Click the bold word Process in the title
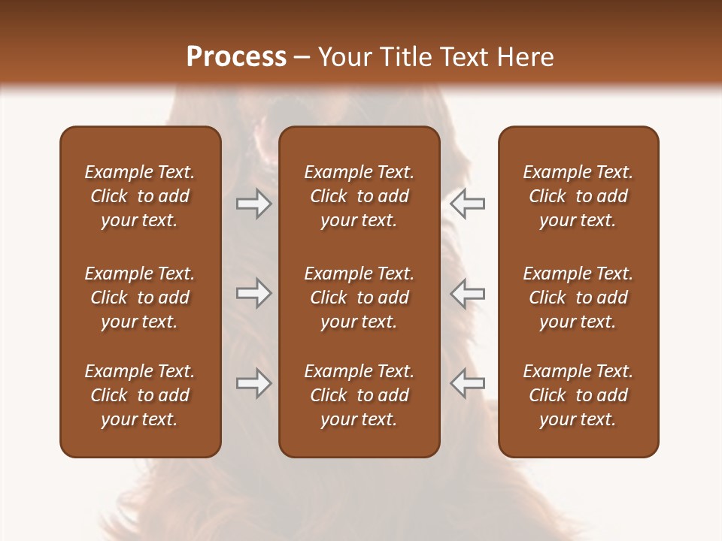[x=236, y=57]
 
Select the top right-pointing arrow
[x=253, y=204]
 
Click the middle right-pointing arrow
[x=253, y=293]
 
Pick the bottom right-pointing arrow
[x=253, y=383]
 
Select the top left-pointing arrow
[x=467, y=204]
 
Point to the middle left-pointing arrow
[x=467, y=293]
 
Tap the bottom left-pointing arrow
[x=467, y=383]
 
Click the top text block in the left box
[x=140, y=196]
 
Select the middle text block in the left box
[x=140, y=298]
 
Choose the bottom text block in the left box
[x=140, y=395]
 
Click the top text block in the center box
[x=359, y=196]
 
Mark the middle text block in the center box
[x=359, y=298]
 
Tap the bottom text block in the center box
[x=359, y=395]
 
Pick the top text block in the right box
[x=578, y=196]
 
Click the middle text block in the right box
[x=578, y=298]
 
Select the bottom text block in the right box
[x=578, y=395]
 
